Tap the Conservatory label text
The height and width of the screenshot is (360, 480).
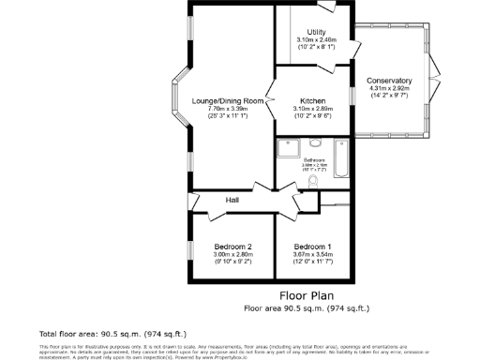pos(389,81)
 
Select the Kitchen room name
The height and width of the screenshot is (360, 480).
pos(312,101)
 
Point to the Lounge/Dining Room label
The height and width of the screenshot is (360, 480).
pos(228,101)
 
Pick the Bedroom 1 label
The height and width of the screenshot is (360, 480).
pos(312,247)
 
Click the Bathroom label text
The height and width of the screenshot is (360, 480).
pos(313,160)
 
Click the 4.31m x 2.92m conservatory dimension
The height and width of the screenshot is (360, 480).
pos(389,88)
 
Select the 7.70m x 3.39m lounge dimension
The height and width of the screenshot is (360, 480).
pos(228,109)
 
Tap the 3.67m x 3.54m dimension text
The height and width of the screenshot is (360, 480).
pos(312,254)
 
